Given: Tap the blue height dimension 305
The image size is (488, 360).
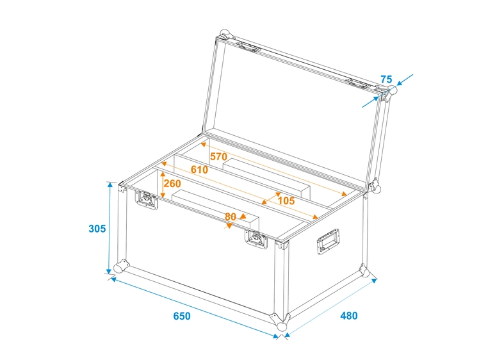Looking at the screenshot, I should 97,229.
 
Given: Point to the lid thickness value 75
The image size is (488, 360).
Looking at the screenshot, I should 386,79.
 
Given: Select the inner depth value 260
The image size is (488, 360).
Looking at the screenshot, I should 172,184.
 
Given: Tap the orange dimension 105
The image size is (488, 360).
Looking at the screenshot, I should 286,200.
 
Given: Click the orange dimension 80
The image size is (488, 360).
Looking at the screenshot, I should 231,217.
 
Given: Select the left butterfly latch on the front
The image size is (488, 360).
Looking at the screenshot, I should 147,201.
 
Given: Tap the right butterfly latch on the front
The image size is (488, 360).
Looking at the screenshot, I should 256,238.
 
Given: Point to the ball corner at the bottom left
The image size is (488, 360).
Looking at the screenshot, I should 120,266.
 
